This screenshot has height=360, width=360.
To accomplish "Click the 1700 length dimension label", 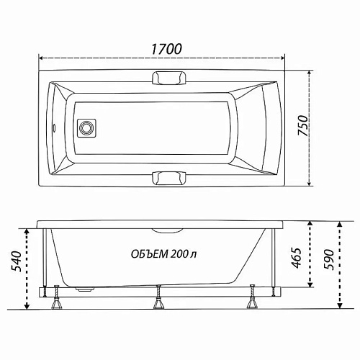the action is coord(166,49).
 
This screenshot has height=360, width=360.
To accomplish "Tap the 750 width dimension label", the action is coord(302,126).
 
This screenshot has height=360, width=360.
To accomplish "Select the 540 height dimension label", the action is coord(17,261).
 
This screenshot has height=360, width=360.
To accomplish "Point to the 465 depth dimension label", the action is coord(297,258).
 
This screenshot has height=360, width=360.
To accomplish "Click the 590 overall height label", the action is coord(328,260).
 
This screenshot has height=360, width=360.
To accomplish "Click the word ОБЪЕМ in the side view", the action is coord(149,254).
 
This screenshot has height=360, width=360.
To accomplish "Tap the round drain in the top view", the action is coord(86,128).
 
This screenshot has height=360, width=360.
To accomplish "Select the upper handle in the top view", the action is coord(169,78).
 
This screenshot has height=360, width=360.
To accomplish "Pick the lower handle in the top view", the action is coord(169,178).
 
